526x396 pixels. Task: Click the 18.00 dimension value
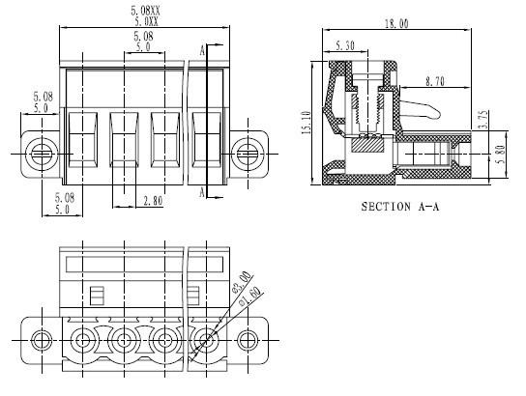pyautogui.click(x=396, y=24)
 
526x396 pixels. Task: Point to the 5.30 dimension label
pyautogui.click(x=345, y=45)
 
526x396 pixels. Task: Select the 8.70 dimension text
pyautogui.click(x=435, y=81)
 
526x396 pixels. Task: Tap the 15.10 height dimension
pyautogui.click(x=307, y=123)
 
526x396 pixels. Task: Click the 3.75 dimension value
pyautogui.click(x=483, y=120)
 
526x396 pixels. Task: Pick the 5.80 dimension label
pyautogui.click(x=501, y=154)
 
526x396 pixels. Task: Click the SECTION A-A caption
pyautogui.click(x=400, y=207)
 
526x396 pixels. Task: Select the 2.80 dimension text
pyautogui.click(x=153, y=201)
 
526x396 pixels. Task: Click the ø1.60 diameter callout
pyautogui.click(x=251, y=297)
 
